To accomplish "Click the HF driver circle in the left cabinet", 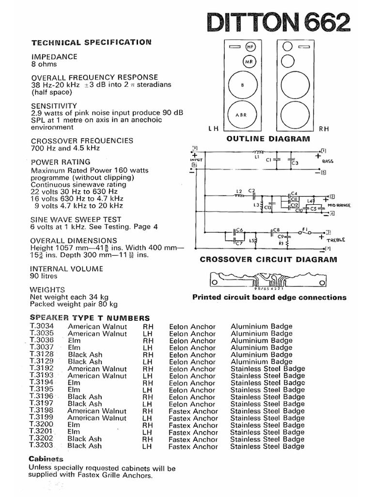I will [x=250, y=47].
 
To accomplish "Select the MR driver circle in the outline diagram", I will [x=249, y=62].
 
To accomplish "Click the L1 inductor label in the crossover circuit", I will [x=258, y=157].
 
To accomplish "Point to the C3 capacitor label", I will [x=295, y=164].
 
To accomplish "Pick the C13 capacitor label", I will [x=267, y=208].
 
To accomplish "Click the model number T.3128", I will [x=42, y=355].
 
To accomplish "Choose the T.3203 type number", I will [x=42, y=446].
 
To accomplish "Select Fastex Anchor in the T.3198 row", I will [x=193, y=411].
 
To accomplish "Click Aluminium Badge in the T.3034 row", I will [x=261, y=327].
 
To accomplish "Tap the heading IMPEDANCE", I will [x=54, y=57].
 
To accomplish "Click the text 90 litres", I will [x=44, y=276].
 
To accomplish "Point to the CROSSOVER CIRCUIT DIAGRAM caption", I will [x=268, y=260].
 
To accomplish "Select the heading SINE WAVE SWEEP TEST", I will [x=76, y=219].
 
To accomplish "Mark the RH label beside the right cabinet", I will [x=324, y=129].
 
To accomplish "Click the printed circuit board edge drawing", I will [x=268, y=281].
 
